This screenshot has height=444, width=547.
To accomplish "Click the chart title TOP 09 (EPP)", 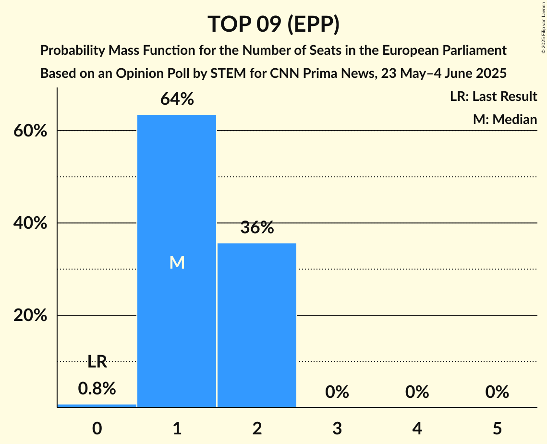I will pyautogui.click(x=273, y=24).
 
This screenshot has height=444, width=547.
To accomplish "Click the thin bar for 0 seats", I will pyautogui.click(x=97, y=406).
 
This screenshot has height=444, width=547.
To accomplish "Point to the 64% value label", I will pyautogui.click(x=177, y=99).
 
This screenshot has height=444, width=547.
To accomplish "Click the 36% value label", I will pyautogui.click(x=257, y=228).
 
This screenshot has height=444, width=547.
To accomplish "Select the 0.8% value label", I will pyautogui.click(x=97, y=389).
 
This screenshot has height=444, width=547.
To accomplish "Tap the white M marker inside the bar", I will pyautogui.click(x=177, y=262).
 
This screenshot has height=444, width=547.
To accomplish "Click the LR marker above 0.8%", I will pyautogui.click(x=97, y=362).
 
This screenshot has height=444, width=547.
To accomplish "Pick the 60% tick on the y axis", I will pyautogui.click(x=30, y=131).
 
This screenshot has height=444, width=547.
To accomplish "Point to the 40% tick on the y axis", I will pyautogui.click(x=30, y=223).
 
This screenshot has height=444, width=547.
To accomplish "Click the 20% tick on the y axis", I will pyautogui.click(x=30, y=315).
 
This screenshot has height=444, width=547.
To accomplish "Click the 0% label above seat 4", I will pyautogui.click(x=417, y=392).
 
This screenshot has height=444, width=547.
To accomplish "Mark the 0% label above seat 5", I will pyautogui.click(x=497, y=392).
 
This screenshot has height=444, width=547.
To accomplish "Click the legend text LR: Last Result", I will pyautogui.click(x=493, y=97).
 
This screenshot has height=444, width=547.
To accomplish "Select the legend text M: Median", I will pyautogui.click(x=505, y=119).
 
